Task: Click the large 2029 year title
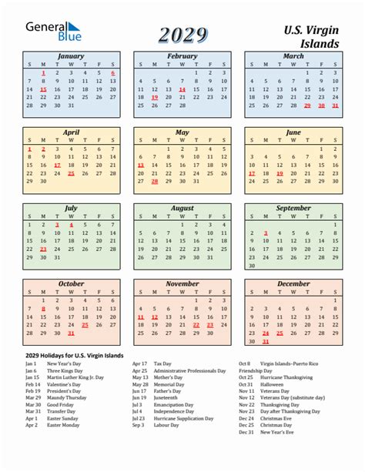tap(182, 35)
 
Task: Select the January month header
tap(71, 56)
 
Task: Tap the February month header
tap(182, 56)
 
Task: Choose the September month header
tap(293, 208)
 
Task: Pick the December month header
tap(293, 283)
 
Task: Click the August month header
tap(182, 208)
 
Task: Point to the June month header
tap(293, 132)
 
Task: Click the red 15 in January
tap(43, 89)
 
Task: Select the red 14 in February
tap(182, 89)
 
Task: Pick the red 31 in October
tap(71, 333)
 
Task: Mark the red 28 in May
tap(154, 182)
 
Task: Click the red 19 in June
tap(280, 173)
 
